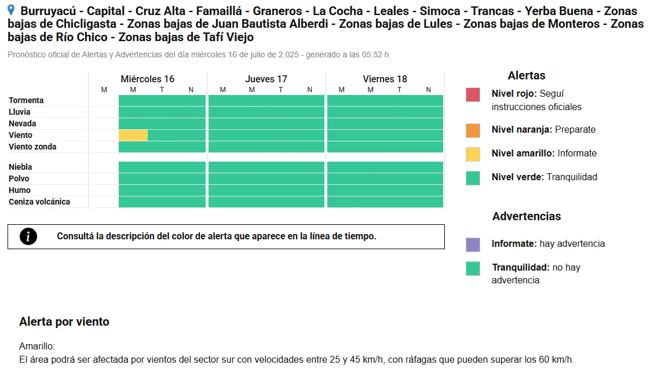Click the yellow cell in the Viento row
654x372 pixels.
pos(133,135)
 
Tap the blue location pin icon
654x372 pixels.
pos(11,10)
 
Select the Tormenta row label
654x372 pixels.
pos(26,100)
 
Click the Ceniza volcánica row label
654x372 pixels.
pos(39,202)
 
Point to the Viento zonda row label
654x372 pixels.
pos(32,147)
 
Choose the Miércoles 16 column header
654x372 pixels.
pos(147,79)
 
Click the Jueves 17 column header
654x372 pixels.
pos(266,79)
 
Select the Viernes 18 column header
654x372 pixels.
pos(385,79)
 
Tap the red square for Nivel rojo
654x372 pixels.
pos(473,94)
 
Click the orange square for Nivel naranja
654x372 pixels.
pos(473,130)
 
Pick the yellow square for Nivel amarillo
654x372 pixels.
pos(473,154)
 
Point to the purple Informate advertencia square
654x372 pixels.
pos(473,245)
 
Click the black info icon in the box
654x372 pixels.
pos(28,236)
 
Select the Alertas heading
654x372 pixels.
pos(527,75)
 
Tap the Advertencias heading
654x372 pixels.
pos(527,217)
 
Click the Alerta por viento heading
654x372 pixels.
pos(64,322)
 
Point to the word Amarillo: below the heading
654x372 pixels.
pos(37,346)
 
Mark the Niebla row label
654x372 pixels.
pos(20,167)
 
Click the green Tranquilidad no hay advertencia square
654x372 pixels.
pos(473,269)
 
